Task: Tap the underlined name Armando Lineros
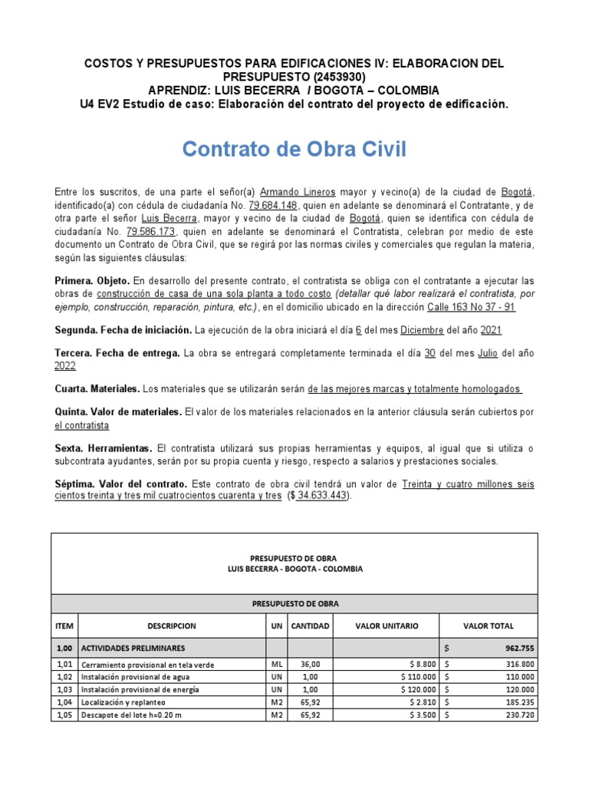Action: [x=287, y=192]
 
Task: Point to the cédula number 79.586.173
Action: [x=151, y=231]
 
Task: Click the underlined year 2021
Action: [x=492, y=329]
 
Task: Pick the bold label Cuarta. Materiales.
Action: [x=97, y=389]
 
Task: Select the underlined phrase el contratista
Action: [x=82, y=425]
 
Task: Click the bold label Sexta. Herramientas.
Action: [x=104, y=447]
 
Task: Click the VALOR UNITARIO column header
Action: [x=387, y=626]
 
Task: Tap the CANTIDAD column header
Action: [x=310, y=626]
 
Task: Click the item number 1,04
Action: [x=64, y=702]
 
